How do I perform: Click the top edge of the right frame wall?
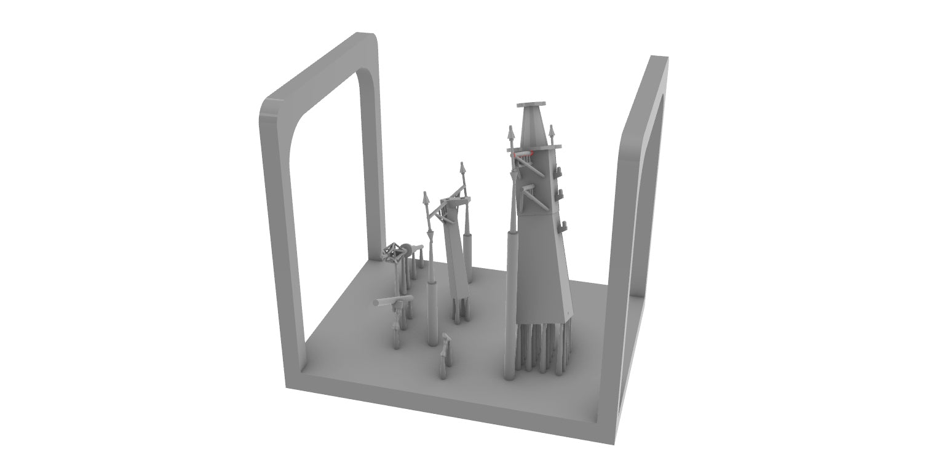pos(658,58)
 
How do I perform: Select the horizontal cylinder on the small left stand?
pos(391,301)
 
